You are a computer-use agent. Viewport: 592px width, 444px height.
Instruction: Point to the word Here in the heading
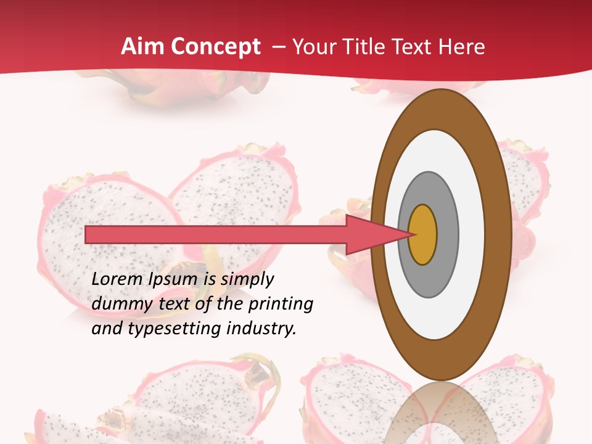pyautogui.click(x=462, y=47)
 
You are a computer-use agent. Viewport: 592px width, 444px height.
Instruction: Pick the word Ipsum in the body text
pyautogui.click(x=174, y=279)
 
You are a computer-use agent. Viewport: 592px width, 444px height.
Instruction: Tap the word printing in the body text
pyautogui.click(x=281, y=304)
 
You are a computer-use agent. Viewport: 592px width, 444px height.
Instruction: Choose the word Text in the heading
pyautogui.click(x=417, y=47)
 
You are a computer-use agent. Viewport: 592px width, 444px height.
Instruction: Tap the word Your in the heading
pyautogui.click(x=311, y=47)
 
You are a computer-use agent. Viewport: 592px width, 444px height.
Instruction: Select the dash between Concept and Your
pyautogui.click(x=278, y=47)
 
